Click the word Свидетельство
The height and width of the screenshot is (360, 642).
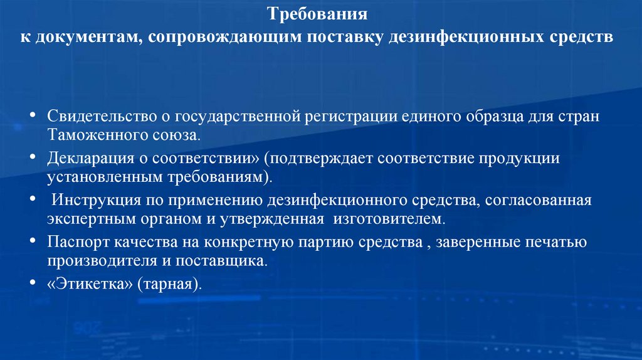point(92,117)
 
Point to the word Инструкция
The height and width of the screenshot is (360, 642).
point(92,201)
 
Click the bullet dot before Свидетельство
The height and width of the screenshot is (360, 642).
point(33,117)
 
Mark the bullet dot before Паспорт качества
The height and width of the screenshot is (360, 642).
point(33,242)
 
